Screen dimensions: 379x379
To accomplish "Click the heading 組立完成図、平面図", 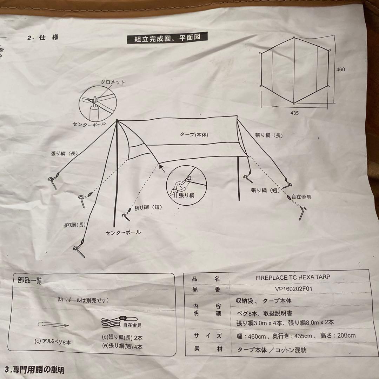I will pyautogui.click(x=167, y=38).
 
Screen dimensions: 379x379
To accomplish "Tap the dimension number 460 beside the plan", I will pyautogui.click(x=340, y=69).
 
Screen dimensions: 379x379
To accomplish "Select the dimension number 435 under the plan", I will pyautogui.click(x=295, y=113).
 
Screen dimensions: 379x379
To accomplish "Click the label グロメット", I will pyautogui.click(x=113, y=82).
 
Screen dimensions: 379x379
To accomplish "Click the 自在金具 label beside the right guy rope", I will pyautogui.click(x=301, y=197).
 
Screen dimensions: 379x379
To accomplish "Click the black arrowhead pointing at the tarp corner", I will pyautogui.click(x=162, y=168).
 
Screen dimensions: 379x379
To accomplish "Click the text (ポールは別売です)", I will pyautogui.click(x=83, y=300).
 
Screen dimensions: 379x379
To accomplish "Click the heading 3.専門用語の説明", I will pyautogui.click(x=34, y=370).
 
